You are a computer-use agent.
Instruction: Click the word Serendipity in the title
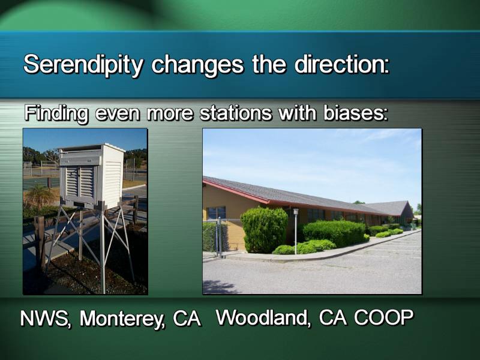(x=83, y=65)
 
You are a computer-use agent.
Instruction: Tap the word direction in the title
(x=342, y=64)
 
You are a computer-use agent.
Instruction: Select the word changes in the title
(x=197, y=65)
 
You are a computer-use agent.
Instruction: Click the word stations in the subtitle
(x=235, y=113)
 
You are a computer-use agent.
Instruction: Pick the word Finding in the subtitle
(x=56, y=114)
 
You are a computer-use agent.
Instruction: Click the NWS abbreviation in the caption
(x=46, y=319)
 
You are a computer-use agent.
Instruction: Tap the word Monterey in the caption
(x=122, y=320)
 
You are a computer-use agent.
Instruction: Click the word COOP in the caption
(x=383, y=317)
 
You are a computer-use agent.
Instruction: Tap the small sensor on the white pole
(x=296, y=211)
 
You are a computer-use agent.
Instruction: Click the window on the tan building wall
(x=216, y=213)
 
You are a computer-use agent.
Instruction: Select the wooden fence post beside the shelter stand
(x=40, y=242)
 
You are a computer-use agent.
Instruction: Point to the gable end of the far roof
(x=408, y=210)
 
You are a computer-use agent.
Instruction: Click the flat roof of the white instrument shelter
(x=92, y=148)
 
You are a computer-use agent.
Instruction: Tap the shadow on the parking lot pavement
(x=219, y=287)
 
